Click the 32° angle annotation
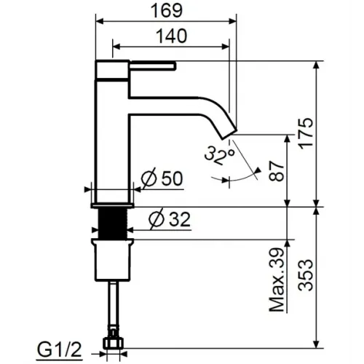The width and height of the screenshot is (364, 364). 219,154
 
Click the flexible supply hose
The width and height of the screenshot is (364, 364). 113,306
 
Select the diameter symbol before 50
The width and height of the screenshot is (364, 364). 145,178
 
